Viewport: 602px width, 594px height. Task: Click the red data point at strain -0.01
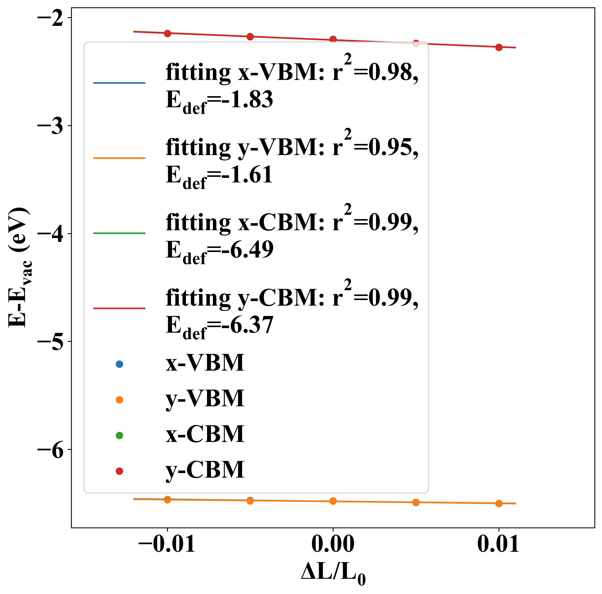tap(167, 33)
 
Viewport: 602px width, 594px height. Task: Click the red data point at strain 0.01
tap(499, 47)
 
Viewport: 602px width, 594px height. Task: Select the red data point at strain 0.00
tap(333, 39)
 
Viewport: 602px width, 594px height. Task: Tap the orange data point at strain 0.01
tap(499, 503)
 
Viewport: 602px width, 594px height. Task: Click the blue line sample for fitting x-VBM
tap(119, 83)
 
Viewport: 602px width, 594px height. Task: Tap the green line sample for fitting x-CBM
tap(119, 233)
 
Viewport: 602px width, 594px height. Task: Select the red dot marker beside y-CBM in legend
tap(119, 471)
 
